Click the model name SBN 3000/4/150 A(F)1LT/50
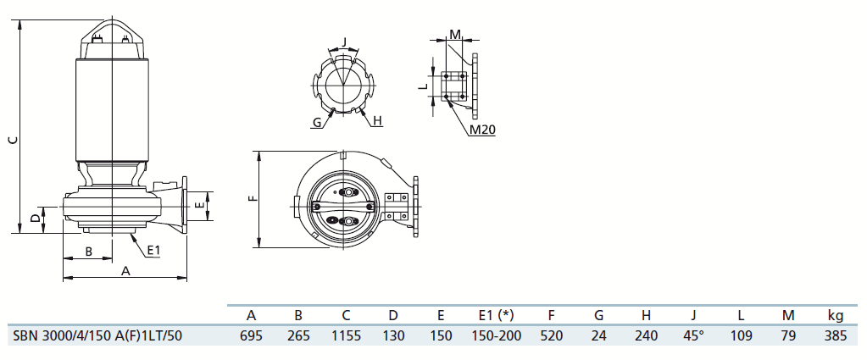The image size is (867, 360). [97, 335]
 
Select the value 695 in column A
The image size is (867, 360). [251, 335]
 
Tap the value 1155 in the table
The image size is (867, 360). [346, 335]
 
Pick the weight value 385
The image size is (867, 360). [835, 335]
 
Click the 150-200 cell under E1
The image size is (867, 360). [496, 335]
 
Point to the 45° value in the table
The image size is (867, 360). [693, 335]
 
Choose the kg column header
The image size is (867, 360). [835, 316]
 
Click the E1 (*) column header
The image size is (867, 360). [496, 316]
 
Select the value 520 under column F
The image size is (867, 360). [551, 335]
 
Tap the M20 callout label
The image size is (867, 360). [482, 130]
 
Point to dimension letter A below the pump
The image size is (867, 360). [125, 271]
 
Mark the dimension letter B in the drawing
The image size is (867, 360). [88, 252]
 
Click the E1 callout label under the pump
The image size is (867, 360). [154, 251]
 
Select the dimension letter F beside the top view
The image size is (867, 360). [253, 198]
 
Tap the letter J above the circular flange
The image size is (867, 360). [344, 42]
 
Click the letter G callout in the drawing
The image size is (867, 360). [316, 122]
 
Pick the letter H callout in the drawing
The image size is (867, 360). [377, 120]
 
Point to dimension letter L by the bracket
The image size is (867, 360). [422, 86]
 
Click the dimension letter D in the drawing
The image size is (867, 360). [36, 219]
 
